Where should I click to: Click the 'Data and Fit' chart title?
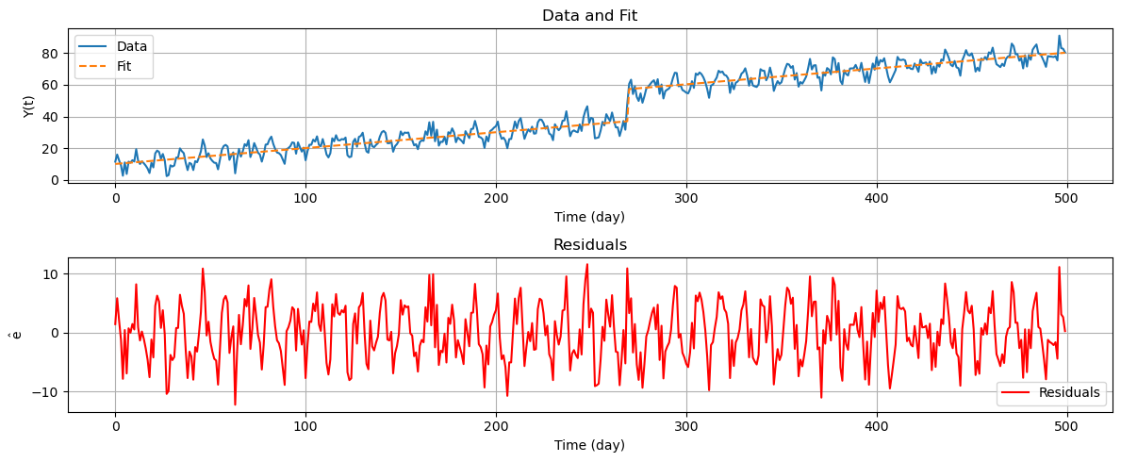(x=589, y=15)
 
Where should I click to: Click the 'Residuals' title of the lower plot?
(x=589, y=245)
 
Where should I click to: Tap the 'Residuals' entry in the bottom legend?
(x=1069, y=392)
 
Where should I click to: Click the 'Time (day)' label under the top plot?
(x=589, y=217)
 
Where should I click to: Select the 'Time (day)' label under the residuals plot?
(x=589, y=445)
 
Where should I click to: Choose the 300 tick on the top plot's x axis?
(x=686, y=199)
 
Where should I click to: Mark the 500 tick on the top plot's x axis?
(x=1065, y=199)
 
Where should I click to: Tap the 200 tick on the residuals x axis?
(x=496, y=427)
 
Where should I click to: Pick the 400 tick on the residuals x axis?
(x=877, y=427)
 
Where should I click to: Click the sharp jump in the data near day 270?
(x=628, y=104)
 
